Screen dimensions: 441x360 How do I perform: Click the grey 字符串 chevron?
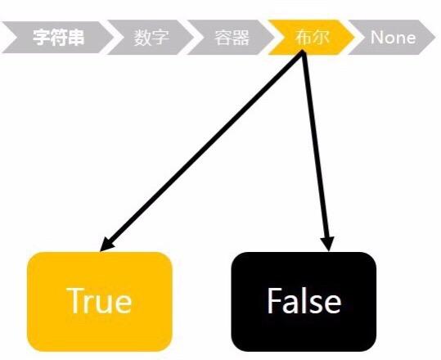[x=56, y=37]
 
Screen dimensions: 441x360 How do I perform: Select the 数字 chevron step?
[x=151, y=37]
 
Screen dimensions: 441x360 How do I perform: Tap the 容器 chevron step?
[x=232, y=37]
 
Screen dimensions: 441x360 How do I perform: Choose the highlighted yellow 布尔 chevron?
[x=312, y=37]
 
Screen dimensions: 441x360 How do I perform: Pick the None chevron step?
[x=393, y=37]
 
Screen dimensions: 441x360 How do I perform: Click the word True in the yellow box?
[x=99, y=300]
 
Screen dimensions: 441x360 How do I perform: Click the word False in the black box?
[x=304, y=300]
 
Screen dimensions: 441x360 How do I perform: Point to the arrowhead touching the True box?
[x=107, y=244]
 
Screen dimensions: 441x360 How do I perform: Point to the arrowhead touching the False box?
[x=327, y=244]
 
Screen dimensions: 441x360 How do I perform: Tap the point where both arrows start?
[x=303, y=52]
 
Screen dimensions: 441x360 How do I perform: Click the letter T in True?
[x=75, y=300]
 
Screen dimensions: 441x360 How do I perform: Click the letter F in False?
[x=274, y=300]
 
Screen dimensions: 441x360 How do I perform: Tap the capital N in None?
[x=378, y=37]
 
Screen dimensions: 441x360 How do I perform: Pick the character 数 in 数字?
[x=142, y=37]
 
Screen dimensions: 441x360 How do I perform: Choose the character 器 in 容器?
[x=241, y=37]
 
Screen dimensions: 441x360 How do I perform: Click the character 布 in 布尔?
[x=303, y=37]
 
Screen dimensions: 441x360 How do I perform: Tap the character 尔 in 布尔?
[x=321, y=37]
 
